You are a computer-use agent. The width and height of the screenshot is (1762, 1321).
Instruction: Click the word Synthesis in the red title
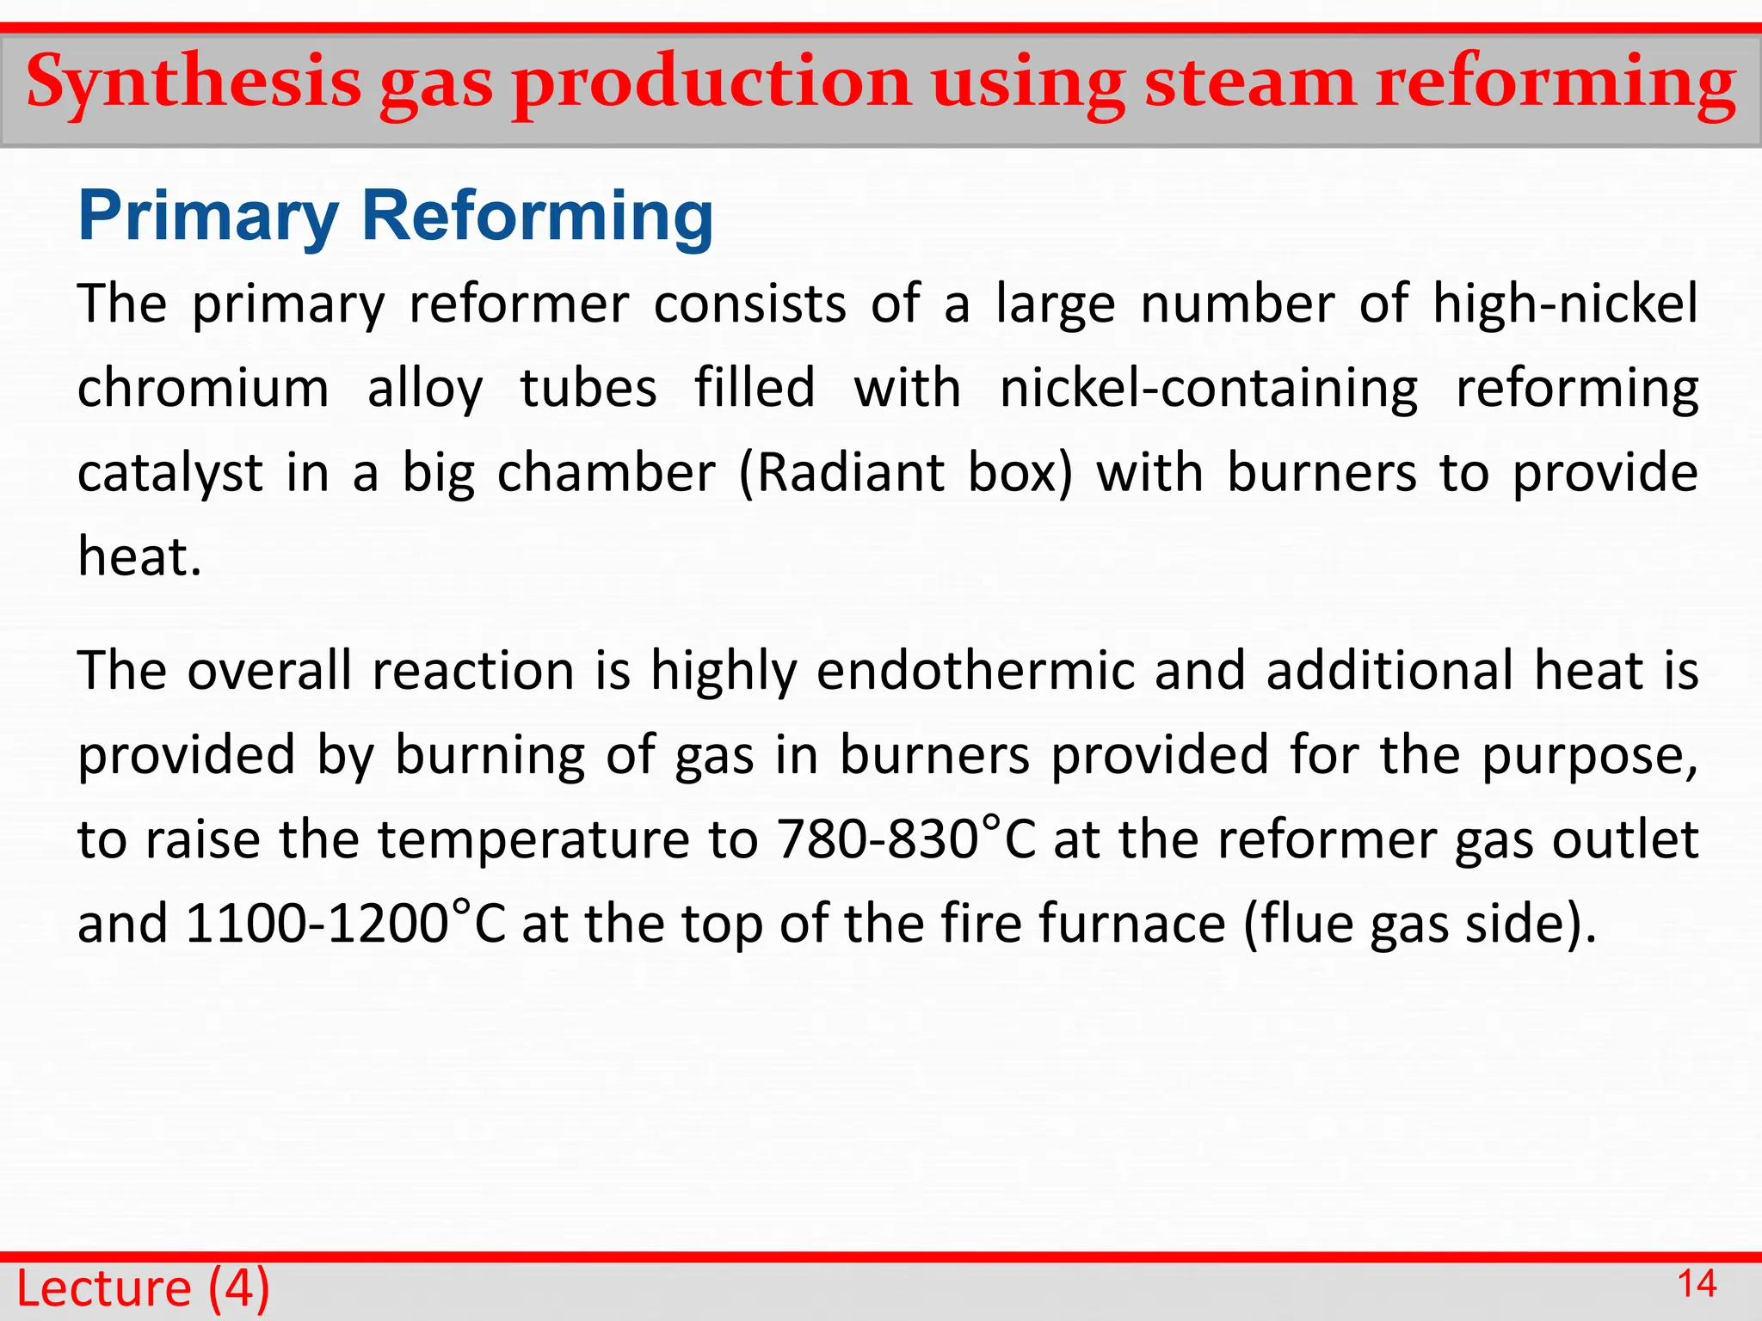click(194, 83)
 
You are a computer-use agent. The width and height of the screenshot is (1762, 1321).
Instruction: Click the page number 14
click(1697, 1285)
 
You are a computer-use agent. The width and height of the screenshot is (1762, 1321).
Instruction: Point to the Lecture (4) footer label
click(143, 1288)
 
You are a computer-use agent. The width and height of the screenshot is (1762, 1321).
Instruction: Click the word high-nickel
click(1565, 304)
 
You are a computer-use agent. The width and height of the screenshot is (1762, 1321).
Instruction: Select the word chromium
click(203, 388)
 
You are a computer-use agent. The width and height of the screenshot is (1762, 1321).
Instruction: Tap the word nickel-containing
click(1209, 388)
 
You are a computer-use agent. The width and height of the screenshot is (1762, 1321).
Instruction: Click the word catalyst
click(169, 473)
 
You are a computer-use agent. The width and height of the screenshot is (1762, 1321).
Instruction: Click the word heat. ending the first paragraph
click(139, 556)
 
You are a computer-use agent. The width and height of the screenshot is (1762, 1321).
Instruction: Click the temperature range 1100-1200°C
click(345, 924)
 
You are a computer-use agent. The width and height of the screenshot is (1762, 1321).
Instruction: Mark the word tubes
click(588, 388)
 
